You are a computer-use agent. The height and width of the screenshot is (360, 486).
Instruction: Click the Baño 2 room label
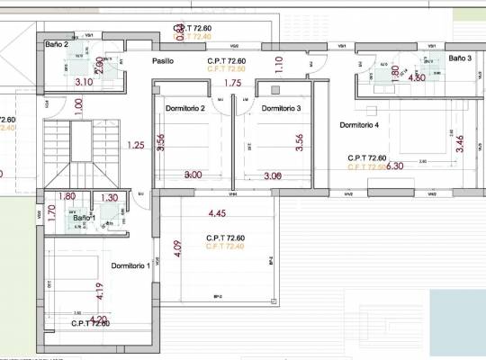pos(57,44)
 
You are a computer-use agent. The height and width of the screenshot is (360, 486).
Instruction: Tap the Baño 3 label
pos(460,58)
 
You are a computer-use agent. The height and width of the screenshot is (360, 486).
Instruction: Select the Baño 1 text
pos(84,219)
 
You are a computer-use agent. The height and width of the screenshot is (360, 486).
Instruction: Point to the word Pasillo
pos(163,61)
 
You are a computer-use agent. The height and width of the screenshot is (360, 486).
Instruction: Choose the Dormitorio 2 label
pos(185,109)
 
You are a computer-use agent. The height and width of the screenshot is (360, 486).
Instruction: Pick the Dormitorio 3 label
pos(281,109)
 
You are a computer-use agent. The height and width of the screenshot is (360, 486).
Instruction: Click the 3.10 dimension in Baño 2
pos(85,82)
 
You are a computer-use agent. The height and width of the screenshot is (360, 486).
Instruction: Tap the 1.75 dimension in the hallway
pos(232,84)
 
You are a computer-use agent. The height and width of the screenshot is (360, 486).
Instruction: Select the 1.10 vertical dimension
pos(279,64)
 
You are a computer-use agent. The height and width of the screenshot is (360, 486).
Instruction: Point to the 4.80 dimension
pos(417,78)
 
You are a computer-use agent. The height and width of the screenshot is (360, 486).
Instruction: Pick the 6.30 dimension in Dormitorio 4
pos(394,166)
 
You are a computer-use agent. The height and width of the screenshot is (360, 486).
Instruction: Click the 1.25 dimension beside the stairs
pos(136,145)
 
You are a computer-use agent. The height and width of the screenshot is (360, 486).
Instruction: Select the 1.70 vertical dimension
pos(51,213)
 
